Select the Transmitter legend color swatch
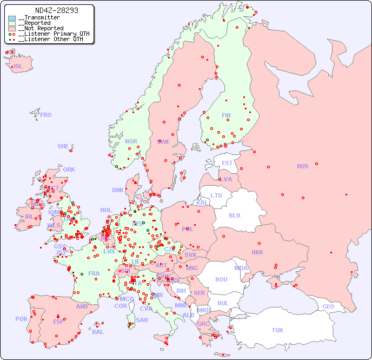[x=12, y=18]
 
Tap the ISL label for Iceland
[x=18, y=67]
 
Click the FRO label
[x=46, y=115]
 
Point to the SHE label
[x=63, y=146]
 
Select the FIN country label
[x=226, y=115]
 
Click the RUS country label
[x=302, y=166]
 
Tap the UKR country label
[x=257, y=252]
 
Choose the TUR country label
[x=277, y=330]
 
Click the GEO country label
[x=328, y=306]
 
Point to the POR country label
[x=21, y=319]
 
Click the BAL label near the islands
[x=98, y=332]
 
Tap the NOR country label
[x=131, y=141]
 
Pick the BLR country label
[x=234, y=215]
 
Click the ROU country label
[x=221, y=279]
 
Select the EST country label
[x=227, y=163]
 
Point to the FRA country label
[x=94, y=273]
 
